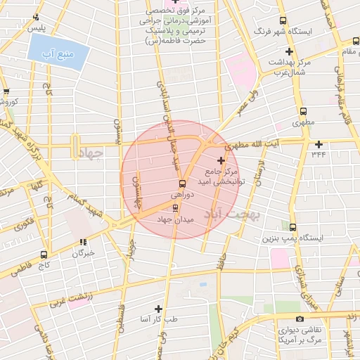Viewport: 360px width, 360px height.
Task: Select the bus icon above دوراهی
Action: pos(183,184)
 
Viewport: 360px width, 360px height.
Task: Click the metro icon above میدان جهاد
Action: pos(176,207)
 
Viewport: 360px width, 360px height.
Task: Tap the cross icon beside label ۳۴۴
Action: pos(319,144)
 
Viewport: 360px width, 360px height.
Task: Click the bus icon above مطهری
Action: pos(303,111)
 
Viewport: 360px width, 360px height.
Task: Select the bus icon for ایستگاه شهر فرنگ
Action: pos(283,21)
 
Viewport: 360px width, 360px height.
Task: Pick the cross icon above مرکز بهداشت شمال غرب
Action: pos(289,51)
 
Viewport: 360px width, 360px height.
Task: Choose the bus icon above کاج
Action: pos(44,255)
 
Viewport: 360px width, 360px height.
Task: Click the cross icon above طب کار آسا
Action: pos(158,309)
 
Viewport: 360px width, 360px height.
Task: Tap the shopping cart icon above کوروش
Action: pos(6,91)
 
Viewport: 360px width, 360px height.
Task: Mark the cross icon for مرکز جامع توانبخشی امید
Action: pos(221,160)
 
